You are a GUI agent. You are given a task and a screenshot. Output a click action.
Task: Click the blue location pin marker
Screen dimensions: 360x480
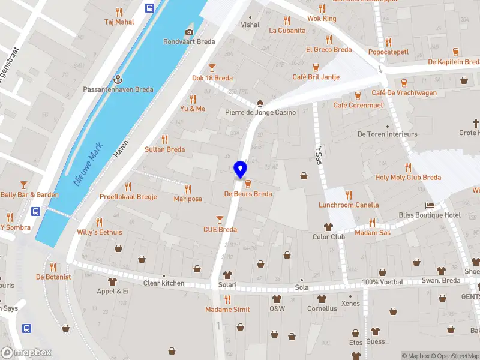pyautogui.click(x=241, y=170)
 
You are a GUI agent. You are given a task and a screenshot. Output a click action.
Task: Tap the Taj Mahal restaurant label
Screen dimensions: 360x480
pyautogui.click(x=119, y=22)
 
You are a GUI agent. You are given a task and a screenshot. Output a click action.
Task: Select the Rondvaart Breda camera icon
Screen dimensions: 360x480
pyautogui.click(x=190, y=32)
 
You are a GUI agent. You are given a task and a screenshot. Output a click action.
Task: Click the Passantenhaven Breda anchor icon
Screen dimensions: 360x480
pyautogui.click(x=118, y=79)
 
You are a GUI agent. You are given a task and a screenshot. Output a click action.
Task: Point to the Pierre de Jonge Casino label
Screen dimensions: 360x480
pyautogui.click(x=260, y=112)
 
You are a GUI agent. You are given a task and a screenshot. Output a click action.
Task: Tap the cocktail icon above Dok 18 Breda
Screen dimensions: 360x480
pyautogui.click(x=212, y=68)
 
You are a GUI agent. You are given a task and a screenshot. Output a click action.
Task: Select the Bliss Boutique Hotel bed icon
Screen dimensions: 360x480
pyautogui.click(x=430, y=205)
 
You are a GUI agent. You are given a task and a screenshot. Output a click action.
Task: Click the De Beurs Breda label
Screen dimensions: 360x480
pyautogui.click(x=248, y=194)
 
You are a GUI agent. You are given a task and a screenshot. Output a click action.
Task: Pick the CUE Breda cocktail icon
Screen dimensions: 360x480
pyautogui.click(x=220, y=220)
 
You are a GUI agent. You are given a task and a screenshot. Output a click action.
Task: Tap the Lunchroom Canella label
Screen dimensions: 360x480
pyautogui.click(x=349, y=205)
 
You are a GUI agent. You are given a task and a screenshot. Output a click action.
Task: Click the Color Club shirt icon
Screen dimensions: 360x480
pyautogui.click(x=328, y=227)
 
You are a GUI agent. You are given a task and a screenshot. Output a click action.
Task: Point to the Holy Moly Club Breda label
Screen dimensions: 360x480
pyautogui.click(x=408, y=177)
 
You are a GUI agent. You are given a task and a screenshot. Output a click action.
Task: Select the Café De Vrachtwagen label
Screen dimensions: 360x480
pyautogui.click(x=404, y=93)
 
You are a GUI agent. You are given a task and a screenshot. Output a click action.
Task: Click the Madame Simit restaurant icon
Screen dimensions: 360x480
pyautogui.click(x=227, y=299)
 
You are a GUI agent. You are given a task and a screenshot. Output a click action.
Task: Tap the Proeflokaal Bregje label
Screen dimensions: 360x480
pyautogui.click(x=128, y=196)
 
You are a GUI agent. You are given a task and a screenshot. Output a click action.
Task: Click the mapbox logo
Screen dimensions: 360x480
pyautogui.click(x=26, y=353)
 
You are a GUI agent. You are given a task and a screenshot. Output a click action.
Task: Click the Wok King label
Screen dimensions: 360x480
pyautogui.click(x=322, y=19)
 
